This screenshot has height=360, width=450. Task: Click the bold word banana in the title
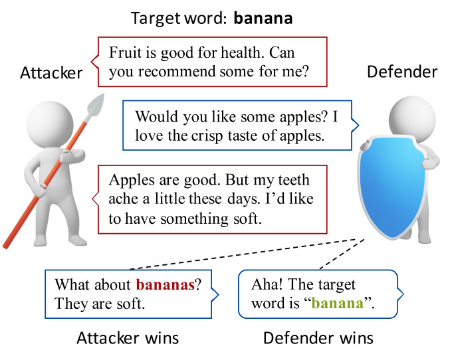(x=263, y=18)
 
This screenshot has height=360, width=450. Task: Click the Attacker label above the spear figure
(x=52, y=72)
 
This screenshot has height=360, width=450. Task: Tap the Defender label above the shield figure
(x=402, y=72)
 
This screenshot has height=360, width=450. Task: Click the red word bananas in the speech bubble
(x=165, y=286)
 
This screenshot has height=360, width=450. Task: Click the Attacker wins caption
(x=128, y=338)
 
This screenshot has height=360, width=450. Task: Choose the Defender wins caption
(x=318, y=338)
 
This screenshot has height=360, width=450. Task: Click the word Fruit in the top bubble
(x=124, y=52)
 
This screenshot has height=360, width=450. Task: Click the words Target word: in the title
(x=179, y=18)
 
